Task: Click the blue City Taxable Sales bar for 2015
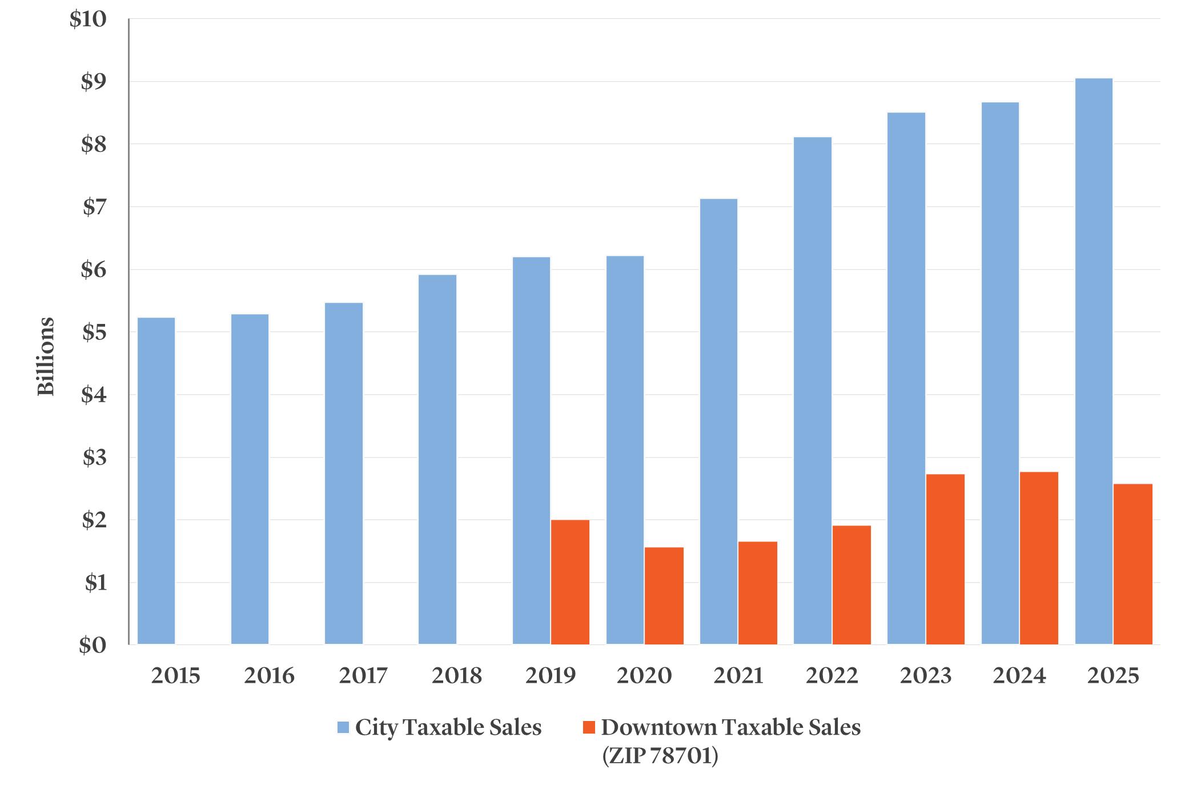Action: point(156,481)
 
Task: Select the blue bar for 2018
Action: point(437,459)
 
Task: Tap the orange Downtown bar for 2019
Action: point(570,582)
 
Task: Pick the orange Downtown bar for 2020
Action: point(664,596)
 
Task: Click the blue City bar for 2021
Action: point(719,422)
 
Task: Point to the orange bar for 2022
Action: point(851,585)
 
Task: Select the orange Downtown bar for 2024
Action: point(1039,558)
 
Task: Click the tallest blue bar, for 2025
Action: point(1094,361)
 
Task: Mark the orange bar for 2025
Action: point(1133,564)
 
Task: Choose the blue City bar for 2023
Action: point(906,378)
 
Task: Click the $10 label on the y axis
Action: point(87,19)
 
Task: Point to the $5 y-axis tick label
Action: point(94,333)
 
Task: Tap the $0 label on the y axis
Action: point(93,646)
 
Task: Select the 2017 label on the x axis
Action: point(363,676)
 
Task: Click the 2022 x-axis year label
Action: point(832,676)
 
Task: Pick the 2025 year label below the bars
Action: point(1113,676)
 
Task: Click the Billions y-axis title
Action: point(46,356)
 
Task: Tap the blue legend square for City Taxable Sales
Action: point(343,728)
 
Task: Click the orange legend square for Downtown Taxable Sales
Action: point(589,728)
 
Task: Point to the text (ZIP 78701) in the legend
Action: point(660,756)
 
